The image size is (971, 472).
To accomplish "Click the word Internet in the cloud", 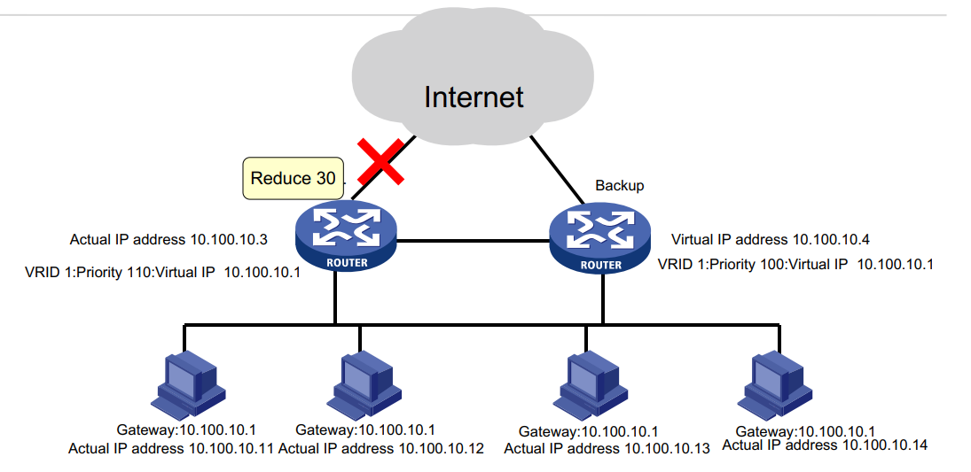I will point(474,96).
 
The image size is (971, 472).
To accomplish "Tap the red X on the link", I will point(381,161).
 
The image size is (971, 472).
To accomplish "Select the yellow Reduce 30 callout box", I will point(293,178).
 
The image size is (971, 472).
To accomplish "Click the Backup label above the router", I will point(619,186).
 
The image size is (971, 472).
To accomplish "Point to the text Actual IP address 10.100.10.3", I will point(168,239).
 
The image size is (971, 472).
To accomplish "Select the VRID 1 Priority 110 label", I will point(162,273).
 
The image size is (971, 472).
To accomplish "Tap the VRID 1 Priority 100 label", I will point(795,264).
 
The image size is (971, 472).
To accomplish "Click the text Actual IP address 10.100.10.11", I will point(171,449).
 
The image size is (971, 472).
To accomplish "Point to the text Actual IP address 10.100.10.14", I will point(825,445).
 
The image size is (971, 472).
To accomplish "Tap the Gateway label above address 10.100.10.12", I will point(365,430).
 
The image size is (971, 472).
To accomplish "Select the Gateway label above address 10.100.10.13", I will point(589,431).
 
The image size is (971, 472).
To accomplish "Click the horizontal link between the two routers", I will point(473,240).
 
